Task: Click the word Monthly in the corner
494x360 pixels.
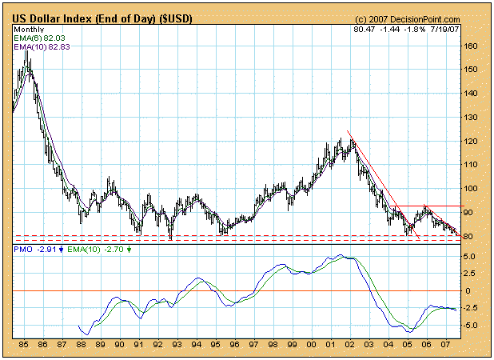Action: point(30,29)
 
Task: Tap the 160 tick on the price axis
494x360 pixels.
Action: point(472,46)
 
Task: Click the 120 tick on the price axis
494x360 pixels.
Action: point(472,142)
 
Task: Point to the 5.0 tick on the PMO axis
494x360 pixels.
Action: point(470,257)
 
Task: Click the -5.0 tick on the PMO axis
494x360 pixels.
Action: point(471,326)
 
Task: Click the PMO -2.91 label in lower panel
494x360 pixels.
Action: point(35,250)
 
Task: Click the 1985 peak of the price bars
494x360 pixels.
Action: point(27,50)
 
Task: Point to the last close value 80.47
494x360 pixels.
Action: point(363,29)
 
